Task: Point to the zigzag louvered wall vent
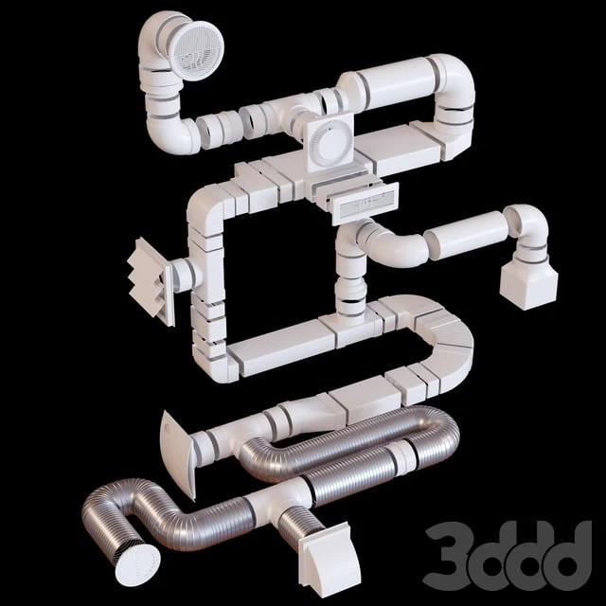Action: coord(151,279)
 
